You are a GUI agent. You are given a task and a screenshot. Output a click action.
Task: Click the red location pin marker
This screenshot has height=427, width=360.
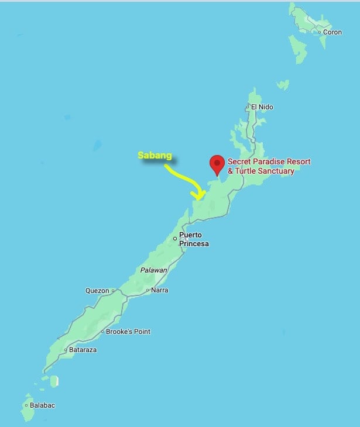pos(217,163)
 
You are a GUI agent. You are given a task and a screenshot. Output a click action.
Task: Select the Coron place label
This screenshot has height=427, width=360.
pos(332,32)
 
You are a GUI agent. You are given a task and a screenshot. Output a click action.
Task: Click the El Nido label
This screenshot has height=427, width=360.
pos(262,107)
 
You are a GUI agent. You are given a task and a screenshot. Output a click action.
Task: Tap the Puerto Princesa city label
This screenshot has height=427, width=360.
pos(194,240)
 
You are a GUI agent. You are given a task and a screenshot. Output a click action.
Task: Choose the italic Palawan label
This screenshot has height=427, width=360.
pos(154,270)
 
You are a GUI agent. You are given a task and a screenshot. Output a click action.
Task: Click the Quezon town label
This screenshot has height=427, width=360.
pos(97,291)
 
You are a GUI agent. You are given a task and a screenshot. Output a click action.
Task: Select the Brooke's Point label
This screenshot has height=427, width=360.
pos(128,332)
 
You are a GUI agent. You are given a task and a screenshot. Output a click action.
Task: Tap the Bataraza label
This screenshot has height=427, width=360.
pos(83,350)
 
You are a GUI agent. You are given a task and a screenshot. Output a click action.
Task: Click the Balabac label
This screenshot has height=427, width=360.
pos(43,405)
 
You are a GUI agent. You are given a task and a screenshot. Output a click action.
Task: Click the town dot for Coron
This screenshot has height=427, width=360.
pos(320,32)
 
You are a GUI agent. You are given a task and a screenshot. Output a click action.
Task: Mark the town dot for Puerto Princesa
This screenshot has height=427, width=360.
pos(175,238)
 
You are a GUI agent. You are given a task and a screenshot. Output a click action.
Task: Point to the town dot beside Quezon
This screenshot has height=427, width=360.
pos(112,291)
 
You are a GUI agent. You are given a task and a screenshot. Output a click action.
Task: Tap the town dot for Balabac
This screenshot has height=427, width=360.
pos(26,405)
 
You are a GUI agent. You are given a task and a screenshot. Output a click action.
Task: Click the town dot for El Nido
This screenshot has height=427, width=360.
pos(248,107)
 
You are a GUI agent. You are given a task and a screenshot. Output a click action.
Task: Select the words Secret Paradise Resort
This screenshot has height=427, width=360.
pos(269,161)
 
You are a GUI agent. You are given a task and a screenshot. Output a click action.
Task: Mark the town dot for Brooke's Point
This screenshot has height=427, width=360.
pos(102,332)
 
